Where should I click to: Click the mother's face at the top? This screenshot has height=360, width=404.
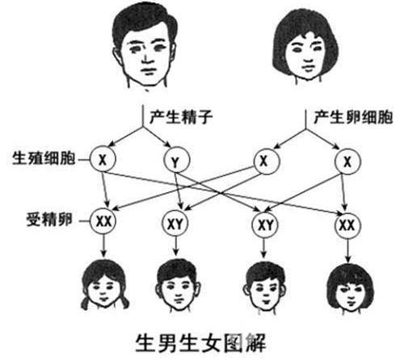pos(305,47)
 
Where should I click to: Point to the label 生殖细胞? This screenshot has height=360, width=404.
pos(44,158)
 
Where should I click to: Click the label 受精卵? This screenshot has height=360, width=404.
pos(49,220)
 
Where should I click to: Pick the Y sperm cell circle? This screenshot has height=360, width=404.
pos(176,161)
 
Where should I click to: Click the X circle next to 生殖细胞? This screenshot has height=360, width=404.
pos(103,159)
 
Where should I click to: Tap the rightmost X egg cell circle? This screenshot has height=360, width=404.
pos(347,161)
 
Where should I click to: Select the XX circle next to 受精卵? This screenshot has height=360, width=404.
pos(103,221)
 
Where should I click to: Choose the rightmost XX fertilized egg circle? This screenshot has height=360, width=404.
pos(347,225)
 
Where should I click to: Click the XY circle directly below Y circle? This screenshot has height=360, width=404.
pos(175,223)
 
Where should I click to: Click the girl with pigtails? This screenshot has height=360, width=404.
pos(104,285)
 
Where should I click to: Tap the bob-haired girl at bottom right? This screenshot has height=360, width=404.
pos(350,289)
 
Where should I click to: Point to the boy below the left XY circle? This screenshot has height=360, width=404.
pos(178,286)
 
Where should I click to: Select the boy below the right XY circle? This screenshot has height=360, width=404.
pos(265,288)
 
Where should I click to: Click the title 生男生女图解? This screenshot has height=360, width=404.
pos(200,343)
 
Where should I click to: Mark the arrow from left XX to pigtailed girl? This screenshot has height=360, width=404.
pos(104,246)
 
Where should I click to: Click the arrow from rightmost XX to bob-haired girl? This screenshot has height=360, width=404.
pos(347,250)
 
